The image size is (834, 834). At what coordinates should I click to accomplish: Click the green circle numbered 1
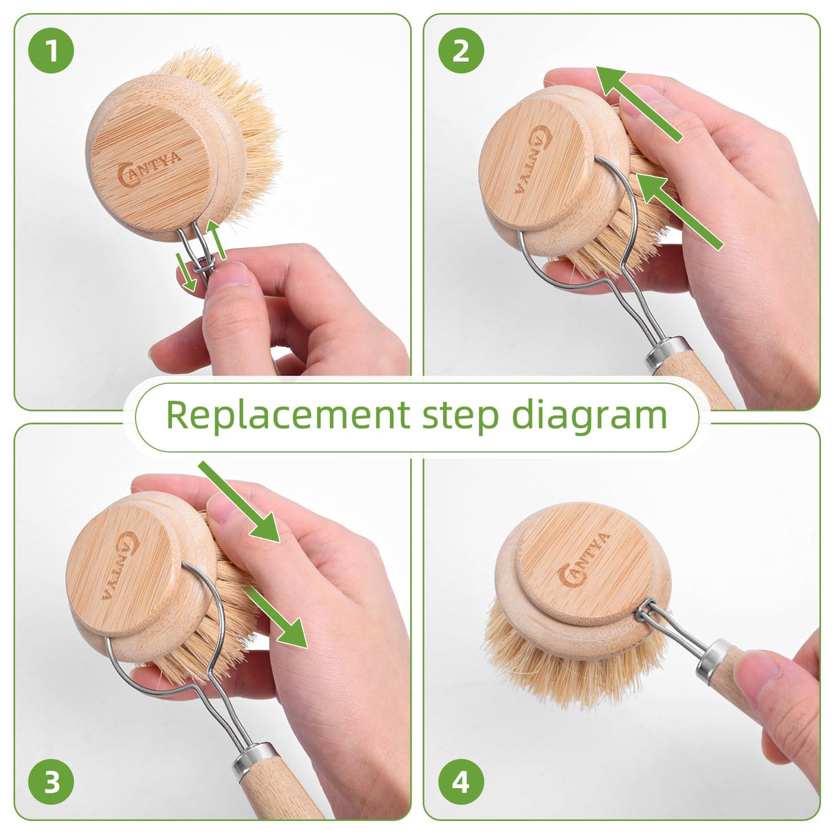point(51,51)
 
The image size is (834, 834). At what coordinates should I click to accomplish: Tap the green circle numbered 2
point(460,51)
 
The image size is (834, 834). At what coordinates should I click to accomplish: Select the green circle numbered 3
point(51,782)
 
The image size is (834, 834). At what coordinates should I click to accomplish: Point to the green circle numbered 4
point(460,782)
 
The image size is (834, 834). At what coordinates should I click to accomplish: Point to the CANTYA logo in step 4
point(585,560)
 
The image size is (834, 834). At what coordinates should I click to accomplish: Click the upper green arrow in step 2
point(639,103)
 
